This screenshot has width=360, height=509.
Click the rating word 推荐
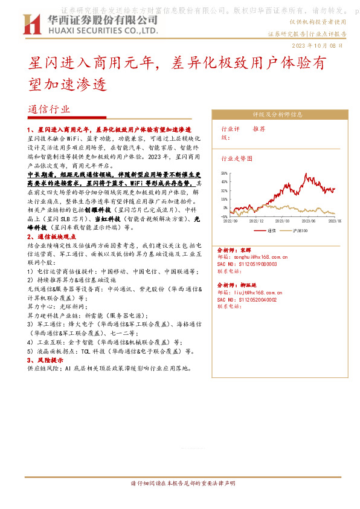pyautogui.click(x=259, y=129)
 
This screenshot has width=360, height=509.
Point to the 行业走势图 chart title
pyautogui.click(x=237, y=158)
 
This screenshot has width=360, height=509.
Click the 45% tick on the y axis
pyautogui.click(x=224, y=181)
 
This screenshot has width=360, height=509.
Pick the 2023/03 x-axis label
pyautogui.click(x=283, y=221)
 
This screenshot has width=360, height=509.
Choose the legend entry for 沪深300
pyautogui.click(x=300, y=230)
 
